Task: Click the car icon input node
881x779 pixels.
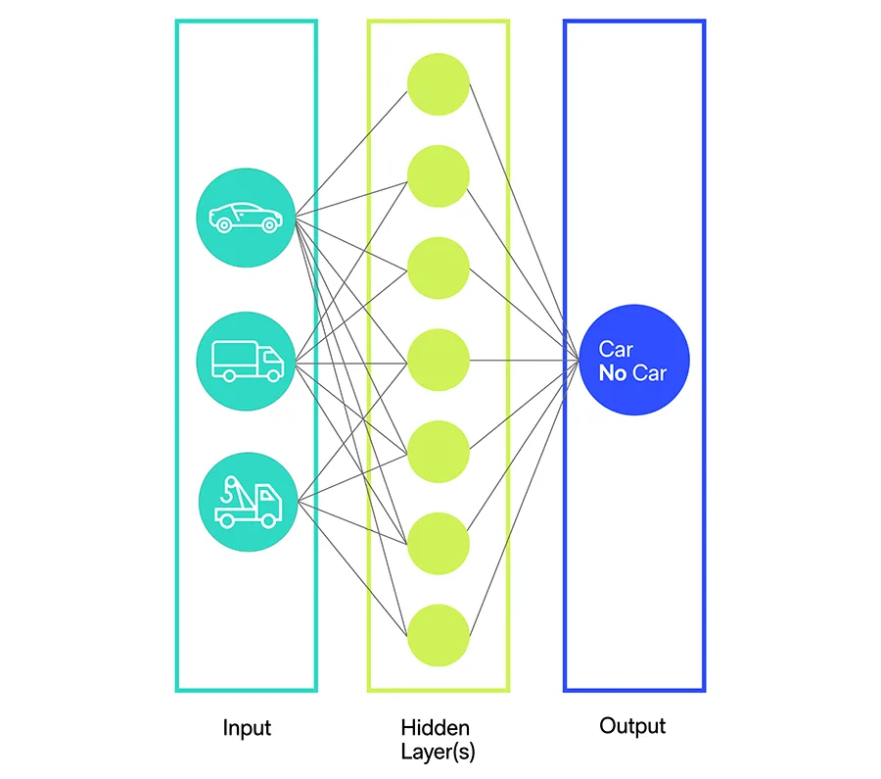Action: [x=247, y=217]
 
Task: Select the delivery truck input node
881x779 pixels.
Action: [x=247, y=361]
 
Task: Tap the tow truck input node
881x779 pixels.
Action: [x=247, y=504]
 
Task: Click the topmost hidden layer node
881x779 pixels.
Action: [x=439, y=84]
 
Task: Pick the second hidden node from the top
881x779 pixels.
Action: [x=439, y=176]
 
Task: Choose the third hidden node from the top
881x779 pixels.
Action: [x=439, y=268]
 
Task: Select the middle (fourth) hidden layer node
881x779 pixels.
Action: [x=439, y=361]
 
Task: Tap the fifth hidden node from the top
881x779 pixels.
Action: [x=439, y=452]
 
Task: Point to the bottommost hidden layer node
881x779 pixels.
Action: [x=439, y=635]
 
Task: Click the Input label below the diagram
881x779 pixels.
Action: [x=247, y=728]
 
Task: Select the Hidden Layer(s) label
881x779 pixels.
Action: [x=436, y=740]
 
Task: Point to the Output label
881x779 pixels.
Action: [x=632, y=726]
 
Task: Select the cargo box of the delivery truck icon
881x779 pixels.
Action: [x=235, y=356]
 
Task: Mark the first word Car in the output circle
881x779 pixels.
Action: [x=616, y=350]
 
